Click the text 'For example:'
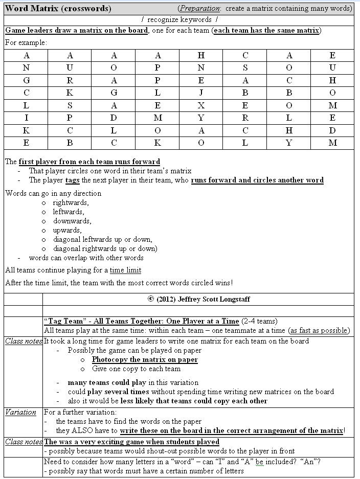click(26, 42)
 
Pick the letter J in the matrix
click(201, 93)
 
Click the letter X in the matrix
click(201, 105)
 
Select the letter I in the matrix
click(26, 118)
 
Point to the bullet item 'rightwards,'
click(71, 202)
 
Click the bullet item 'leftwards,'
click(69, 212)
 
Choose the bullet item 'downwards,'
click(72, 221)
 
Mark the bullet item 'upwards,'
click(67, 230)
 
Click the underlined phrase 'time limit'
click(125, 270)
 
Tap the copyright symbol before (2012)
click(150, 299)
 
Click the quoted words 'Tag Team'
click(64, 321)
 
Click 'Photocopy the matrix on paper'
click(145, 359)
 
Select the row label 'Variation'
click(21, 412)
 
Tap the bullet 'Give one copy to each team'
click(136, 369)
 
